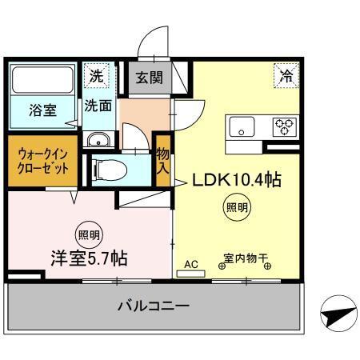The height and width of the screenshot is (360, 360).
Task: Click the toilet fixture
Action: [x=104, y=169]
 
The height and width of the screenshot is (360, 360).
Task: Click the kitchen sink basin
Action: [x=242, y=126]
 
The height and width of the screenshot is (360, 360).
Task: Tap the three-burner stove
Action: [x=284, y=126]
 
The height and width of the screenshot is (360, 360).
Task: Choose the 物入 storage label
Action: [x=163, y=161]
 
